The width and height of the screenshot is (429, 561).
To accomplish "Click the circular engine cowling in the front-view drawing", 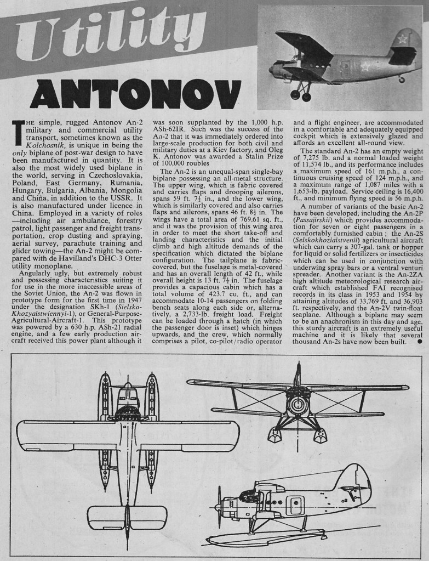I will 298,406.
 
